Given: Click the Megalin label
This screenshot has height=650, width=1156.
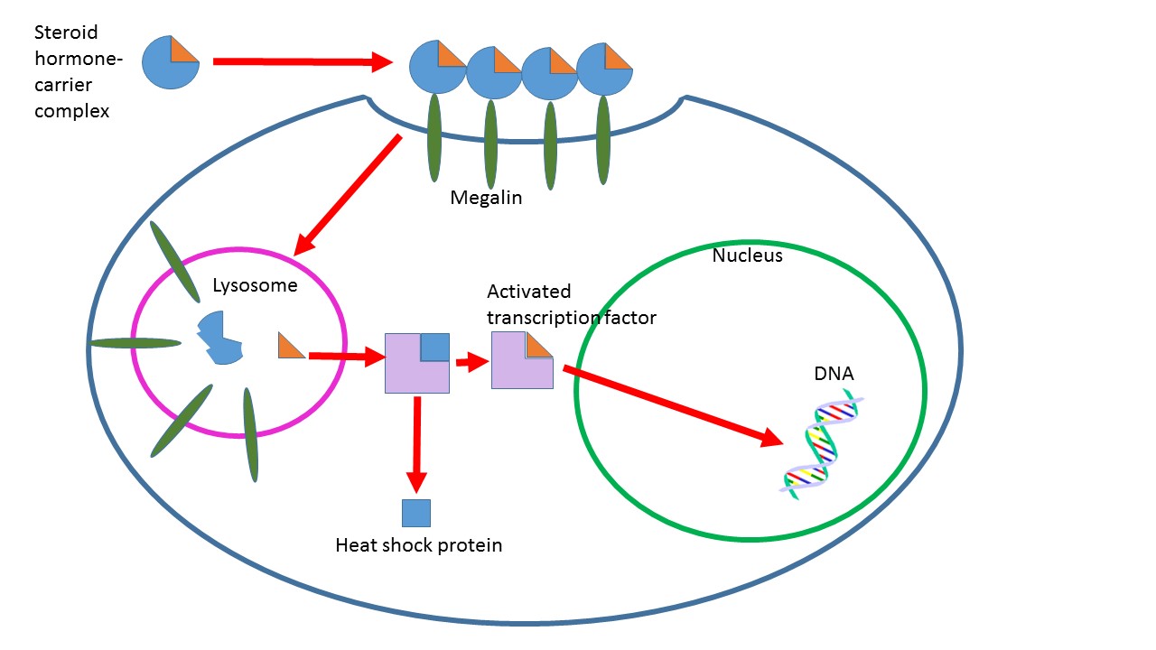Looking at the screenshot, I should (486, 198).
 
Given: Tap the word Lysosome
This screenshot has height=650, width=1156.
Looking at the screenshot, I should (255, 286).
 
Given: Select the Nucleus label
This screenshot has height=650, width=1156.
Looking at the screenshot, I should (747, 255).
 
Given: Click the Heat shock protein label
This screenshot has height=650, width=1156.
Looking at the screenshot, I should (418, 545).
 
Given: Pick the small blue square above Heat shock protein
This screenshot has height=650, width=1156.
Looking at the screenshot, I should (416, 513).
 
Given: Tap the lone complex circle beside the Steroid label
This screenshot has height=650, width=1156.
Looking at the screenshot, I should (171, 61).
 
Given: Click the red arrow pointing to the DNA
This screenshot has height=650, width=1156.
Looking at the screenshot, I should (673, 405).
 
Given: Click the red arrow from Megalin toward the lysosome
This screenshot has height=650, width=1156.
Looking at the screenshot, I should (349, 193).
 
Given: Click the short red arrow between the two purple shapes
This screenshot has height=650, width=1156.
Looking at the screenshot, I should (466, 363).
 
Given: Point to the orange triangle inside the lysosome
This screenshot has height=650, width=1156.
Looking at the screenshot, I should (289, 346).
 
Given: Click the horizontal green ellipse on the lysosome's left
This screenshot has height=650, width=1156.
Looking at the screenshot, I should (135, 343).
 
